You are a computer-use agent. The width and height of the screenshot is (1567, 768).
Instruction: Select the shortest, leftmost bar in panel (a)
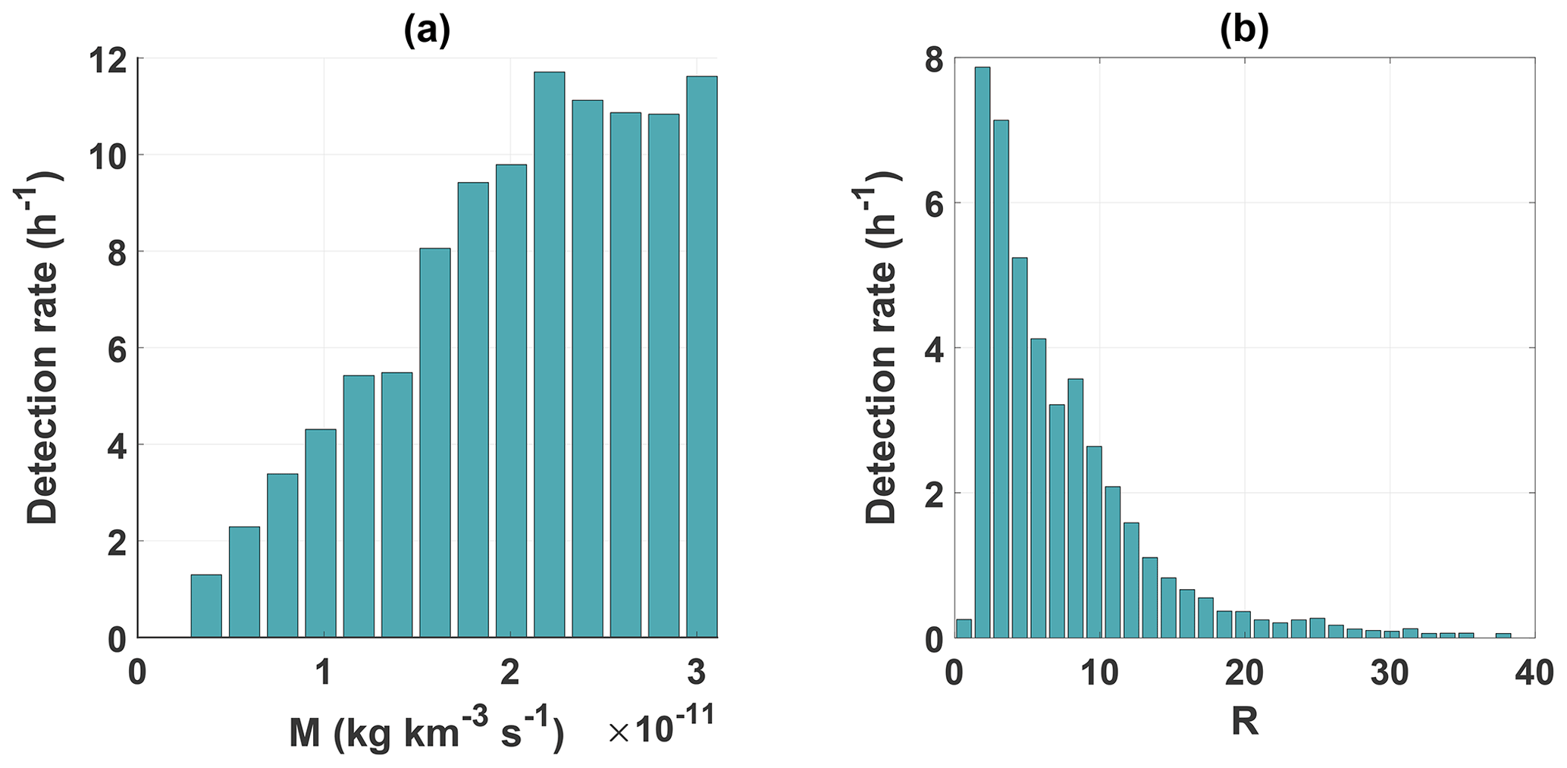tap(206, 606)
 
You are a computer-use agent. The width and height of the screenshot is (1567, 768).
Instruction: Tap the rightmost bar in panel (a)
tap(701, 356)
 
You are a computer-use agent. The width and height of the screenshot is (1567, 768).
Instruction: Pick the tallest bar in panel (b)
tap(982, 352)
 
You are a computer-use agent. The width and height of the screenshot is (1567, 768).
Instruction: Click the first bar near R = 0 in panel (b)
tap(963, 629)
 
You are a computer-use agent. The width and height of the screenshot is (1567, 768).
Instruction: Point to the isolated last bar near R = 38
tap(1503, 635)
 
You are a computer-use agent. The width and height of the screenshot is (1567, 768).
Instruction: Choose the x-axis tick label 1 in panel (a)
tap(324, 672)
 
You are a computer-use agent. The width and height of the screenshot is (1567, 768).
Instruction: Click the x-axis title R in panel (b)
tap(1245, 722)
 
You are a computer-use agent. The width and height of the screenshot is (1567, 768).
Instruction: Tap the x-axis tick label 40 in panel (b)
tap(1534, 672)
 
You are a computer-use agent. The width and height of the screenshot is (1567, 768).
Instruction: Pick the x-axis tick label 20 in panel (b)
tap(1244, 672)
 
